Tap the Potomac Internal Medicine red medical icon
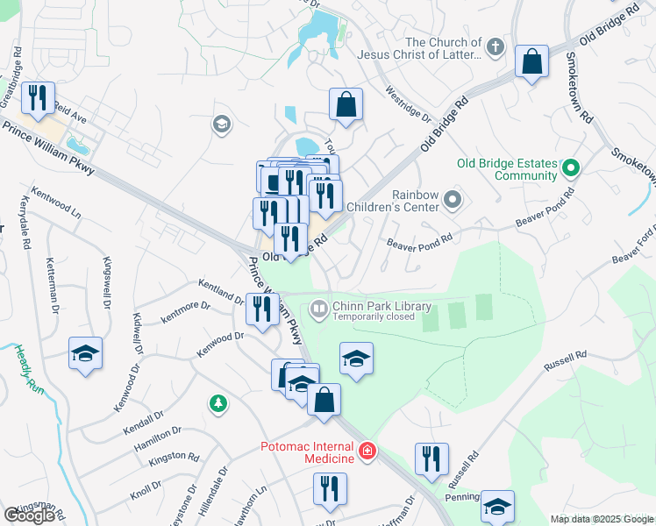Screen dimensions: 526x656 (367, 452)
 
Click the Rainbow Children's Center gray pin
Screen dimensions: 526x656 (453, 201)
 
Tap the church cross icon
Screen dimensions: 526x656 (496, 47)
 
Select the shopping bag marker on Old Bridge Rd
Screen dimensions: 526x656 (532, 62)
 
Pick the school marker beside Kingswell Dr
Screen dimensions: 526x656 (84, 353)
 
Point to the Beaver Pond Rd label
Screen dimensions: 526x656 (420, 238)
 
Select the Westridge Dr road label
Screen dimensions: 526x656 (409, 103)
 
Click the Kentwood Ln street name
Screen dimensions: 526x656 (55, 201)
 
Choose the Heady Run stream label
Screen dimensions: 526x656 (28, 370)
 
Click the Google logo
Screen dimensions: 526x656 (29, 515)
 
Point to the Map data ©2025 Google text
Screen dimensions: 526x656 (601, 519)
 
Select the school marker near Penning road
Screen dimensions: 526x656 (497, 506)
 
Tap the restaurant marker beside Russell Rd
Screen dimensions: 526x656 (431, 459)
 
